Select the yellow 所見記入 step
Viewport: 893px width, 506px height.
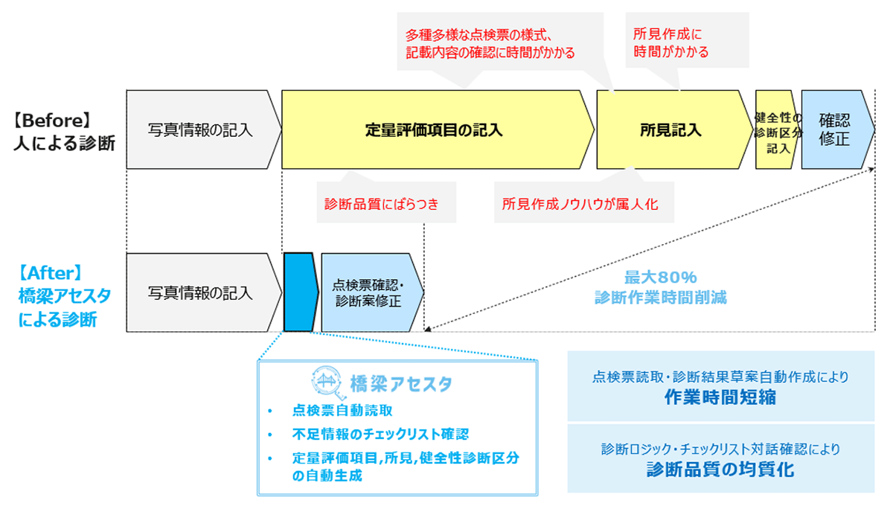point(670,130)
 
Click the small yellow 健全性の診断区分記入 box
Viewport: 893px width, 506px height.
point(777,129)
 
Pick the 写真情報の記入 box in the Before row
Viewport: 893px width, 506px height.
point(200,130)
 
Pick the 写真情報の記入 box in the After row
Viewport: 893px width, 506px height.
point(200,292)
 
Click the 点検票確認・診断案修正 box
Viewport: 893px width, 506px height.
point(368,292)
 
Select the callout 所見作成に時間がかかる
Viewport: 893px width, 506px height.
point(670,43)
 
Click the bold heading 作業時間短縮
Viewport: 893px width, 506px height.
point(720,397)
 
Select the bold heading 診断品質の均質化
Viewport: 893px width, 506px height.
point(720,469)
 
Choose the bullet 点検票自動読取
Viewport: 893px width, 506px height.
point(342,411)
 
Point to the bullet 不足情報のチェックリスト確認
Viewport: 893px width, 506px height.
point(380,434)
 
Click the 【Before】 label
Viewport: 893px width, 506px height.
point(53,120)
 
